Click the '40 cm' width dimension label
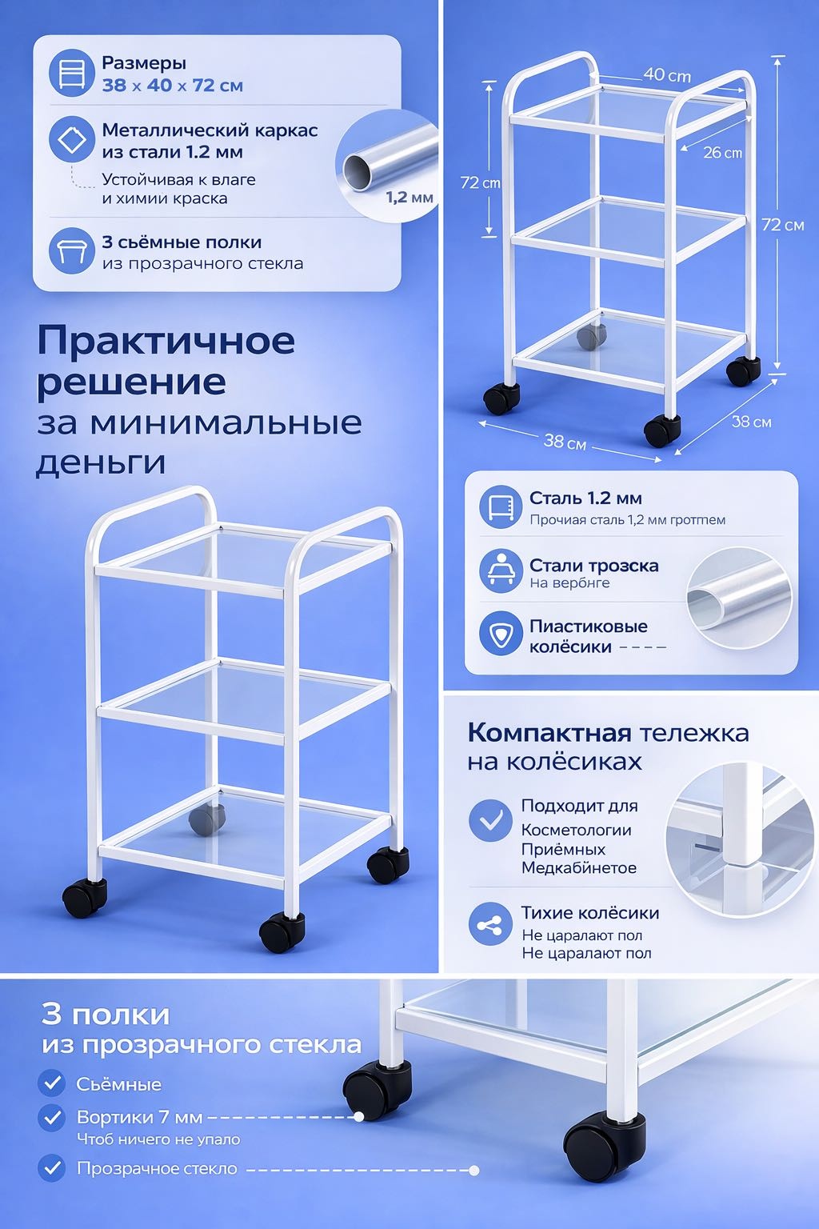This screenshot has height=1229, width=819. [x=667, y=74]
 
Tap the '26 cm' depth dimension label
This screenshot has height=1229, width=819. [x=722, y=153]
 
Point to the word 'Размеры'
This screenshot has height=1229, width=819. [x=144, y=64]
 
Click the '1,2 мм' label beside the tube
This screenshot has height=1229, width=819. [x=409, y=198]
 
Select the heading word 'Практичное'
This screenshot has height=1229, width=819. [x=166, y=341]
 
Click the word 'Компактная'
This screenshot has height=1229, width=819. [x=549, y=733]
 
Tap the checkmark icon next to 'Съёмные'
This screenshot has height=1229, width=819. [x=52, y=1083]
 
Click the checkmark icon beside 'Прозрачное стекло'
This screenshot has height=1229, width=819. [x=52, y=1168]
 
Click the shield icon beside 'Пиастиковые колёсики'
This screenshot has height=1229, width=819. [x=501, y=633]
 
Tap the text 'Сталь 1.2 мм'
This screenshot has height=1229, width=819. [x=585, y=498]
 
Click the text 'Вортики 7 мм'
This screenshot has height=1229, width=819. [x=139, y=1117]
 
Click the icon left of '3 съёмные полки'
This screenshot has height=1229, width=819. [x=71, y=251]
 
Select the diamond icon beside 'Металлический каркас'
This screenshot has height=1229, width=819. [x=71, y=139]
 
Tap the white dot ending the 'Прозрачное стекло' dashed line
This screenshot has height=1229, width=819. [x=474, y=1171]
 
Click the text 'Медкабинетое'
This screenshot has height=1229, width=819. [x=579, y=868]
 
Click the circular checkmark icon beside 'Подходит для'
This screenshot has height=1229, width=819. [x=490, y=820]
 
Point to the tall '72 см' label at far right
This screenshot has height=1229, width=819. [x=783, y=224]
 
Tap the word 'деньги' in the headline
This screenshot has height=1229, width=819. [x=101, y=463]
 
